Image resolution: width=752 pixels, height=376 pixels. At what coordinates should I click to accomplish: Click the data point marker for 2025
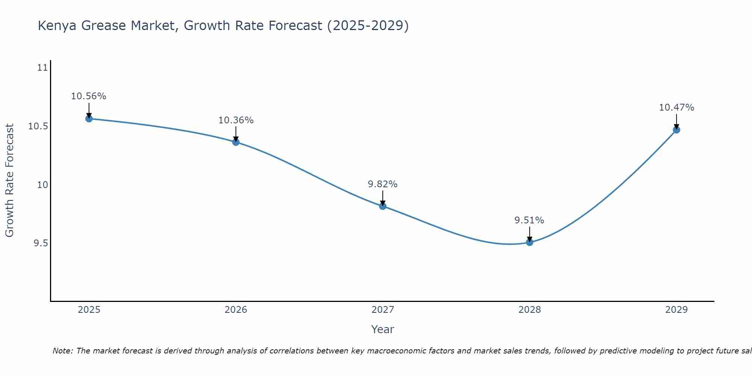click(x=89, y=119)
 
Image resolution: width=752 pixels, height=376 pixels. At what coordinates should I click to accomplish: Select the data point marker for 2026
click(x=236, y=142)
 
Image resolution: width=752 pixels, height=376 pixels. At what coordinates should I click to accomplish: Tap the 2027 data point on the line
click(x=383, y=206)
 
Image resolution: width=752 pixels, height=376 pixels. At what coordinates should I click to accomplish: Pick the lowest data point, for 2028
click(x=529, y=243)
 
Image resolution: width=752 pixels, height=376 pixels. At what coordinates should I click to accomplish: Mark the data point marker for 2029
click(x=676, y=130)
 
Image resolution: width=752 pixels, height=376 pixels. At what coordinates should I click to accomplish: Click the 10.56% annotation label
click(x=89, y=96)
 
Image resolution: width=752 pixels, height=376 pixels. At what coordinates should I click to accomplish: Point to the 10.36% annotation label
click(x=236, y=120)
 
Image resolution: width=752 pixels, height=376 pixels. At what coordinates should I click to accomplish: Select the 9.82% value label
click(x=383, y=184)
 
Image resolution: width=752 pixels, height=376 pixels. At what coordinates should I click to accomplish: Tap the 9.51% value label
click(x=529, y=220)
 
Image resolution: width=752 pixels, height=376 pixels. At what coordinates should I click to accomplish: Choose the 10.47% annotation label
click(x=676, y=108)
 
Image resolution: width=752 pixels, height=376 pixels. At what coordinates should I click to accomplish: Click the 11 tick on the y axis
click(x=43, y=68)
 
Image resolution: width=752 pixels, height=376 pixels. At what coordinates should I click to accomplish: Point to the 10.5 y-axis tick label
click(x=38, y=126)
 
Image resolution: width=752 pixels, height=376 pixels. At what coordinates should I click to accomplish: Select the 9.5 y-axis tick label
click(x=41, y=243)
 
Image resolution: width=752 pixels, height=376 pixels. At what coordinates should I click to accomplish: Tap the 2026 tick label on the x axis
click(x=236, y=310)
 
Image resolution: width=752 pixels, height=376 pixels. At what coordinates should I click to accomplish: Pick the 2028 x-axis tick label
click(x=529, y=310)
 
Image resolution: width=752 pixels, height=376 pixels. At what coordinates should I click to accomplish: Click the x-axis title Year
click(x=383, y=329)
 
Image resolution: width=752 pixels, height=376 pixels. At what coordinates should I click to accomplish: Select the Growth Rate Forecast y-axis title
click(x=9, y=180)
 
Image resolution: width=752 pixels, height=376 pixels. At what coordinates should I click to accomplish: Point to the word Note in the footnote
click(x=63, y=351)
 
